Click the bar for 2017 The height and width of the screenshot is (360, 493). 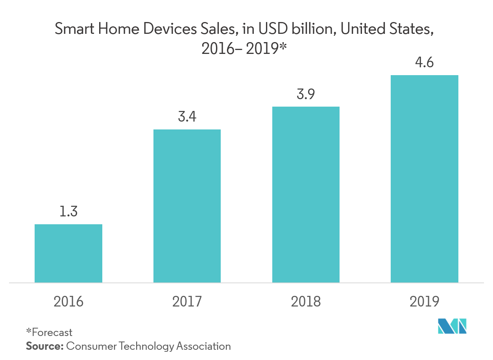click(x=187, y=206)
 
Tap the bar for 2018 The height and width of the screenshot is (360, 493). click(x=306, y=194)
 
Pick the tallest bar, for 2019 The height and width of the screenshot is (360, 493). click(x=425, y=179)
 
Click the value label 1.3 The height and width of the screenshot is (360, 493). click(x=68, y=212)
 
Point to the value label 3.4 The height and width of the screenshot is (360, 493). click(x=187, y=117)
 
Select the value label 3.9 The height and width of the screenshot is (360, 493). click(x=306, y=94)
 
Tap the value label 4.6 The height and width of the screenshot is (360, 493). click(x=425, y=63)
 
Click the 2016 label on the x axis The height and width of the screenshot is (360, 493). click(x=68, y=301)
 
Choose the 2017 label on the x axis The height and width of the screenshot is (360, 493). click(x=187, y=301)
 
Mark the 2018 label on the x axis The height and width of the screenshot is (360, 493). click(x=306, y=301)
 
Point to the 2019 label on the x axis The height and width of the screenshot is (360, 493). click(x=425, y=301)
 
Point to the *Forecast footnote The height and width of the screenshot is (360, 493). click(x=49, y=332)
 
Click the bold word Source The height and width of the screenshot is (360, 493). click(x=44, y=346)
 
